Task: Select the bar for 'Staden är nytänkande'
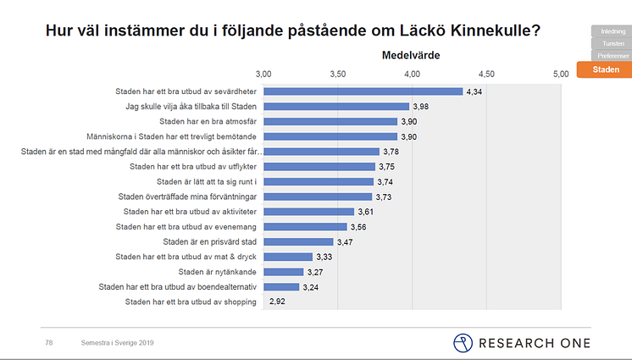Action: (283, 272)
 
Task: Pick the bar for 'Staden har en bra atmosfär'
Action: (330, 121)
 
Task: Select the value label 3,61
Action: (367, 212)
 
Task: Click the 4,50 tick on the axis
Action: (486, 75)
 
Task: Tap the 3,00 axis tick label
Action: (263, 75)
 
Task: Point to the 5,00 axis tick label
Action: (561, 75)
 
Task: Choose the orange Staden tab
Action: (606, 69)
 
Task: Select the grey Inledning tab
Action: (613, 31)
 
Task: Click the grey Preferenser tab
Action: (613, 55)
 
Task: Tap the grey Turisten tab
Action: (613, 43)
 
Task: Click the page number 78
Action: (49, 342)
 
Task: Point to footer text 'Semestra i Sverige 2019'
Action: (117, 342)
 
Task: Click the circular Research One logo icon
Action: (463, 342)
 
